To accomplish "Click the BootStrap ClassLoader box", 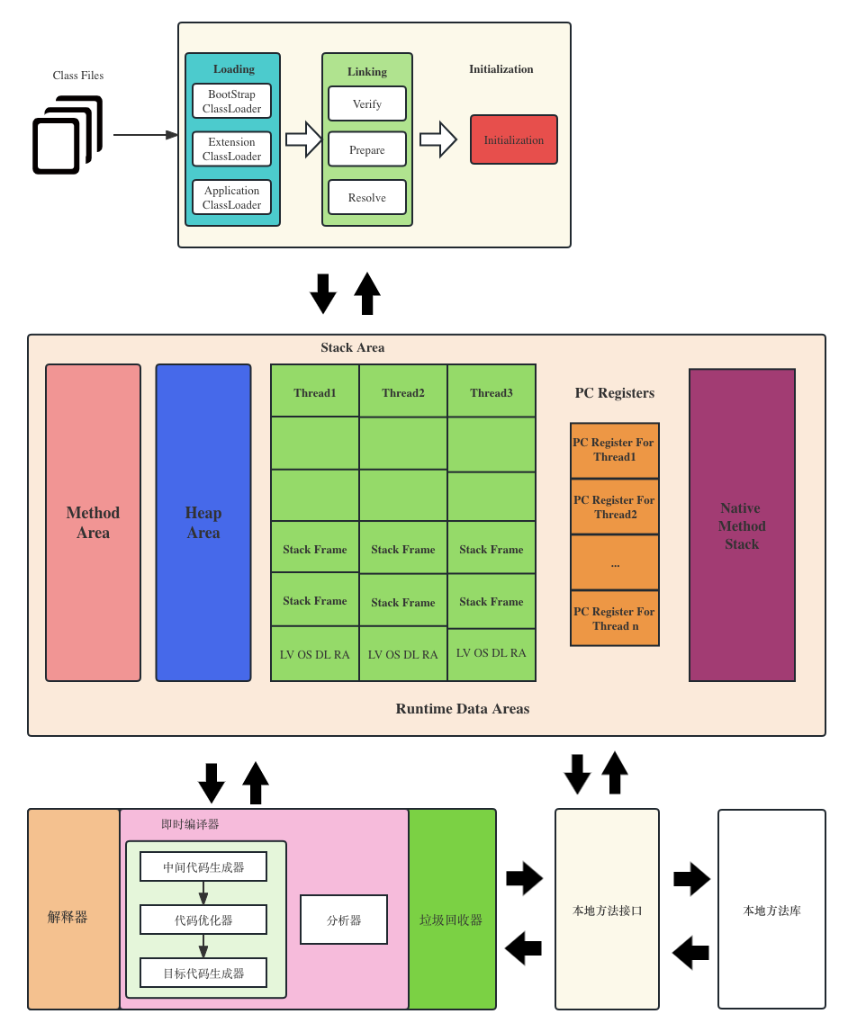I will pyautogui.click(x=231, y=101).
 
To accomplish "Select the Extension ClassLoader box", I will pyautogui.click(x=231, y=149).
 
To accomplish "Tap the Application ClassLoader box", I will pyautogui.click(x=231, y=197).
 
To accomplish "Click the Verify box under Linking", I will pyautogui.click(x=367, y=103).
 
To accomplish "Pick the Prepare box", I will pyautogui.click(x=367, y=149).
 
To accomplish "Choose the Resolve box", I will pyautogui.click(x=367, y=197).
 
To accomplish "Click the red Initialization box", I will pyautogui.click(x=514, y=139).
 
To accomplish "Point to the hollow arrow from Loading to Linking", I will pyautogui.click(x=303, y=139).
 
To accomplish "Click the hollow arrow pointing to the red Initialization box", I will pyautogui.click(x=438, y=139).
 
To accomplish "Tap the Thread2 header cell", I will pyautogui.click(x=403, y=392).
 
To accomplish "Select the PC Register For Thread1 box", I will pyautogui.click(x=615, y=450).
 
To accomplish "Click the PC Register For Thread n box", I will pyautogui.click(x=615, y=618).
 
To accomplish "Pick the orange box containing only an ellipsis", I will pyautogui.click(x=615, y=563).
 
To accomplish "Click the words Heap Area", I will pyautogui.click(x=203, y=523).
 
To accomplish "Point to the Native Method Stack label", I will pyautogui.click(x=742, y=525).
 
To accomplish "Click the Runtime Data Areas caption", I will pyautogui.click(x=463, y=708).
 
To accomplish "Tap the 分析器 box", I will pyautogui.click(x=344, y=920).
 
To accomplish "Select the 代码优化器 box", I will pyautogui.click(x=203, y=920).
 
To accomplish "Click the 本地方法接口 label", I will pyautogui.click(x=608, y=911).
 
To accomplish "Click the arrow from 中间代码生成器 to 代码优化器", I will pyautogui.click(x=203, y=893).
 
